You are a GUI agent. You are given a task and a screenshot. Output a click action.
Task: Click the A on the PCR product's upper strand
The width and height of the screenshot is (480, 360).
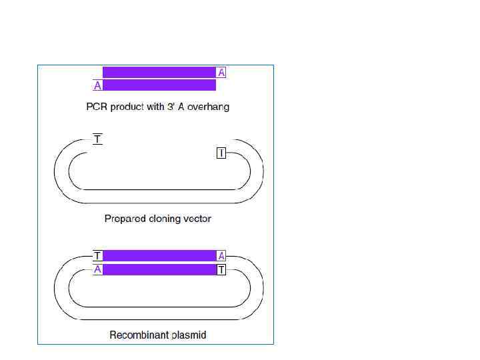221,73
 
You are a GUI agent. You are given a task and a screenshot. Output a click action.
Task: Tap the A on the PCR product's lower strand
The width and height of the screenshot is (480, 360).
98,85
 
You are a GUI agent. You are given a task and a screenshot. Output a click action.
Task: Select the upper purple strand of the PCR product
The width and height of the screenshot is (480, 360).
159,73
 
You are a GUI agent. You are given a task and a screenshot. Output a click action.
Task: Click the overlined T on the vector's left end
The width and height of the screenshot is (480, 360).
98,140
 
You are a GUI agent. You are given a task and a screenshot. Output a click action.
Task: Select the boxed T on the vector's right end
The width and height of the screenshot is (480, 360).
221,153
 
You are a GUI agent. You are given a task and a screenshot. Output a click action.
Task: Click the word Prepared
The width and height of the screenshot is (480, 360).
125,219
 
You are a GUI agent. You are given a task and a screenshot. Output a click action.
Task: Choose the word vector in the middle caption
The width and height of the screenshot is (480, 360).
197,219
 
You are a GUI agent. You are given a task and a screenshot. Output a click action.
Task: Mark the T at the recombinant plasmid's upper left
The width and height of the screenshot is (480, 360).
98,256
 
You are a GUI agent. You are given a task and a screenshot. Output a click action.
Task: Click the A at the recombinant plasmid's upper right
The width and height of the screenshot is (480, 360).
221,256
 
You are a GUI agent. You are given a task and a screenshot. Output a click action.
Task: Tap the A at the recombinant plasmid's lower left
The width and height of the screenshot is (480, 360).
98,269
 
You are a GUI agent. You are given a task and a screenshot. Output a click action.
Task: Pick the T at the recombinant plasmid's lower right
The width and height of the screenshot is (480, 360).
221,269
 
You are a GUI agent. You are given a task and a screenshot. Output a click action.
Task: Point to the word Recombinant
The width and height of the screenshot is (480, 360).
137,335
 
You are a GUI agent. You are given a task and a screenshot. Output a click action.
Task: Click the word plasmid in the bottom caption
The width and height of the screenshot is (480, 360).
188,335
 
